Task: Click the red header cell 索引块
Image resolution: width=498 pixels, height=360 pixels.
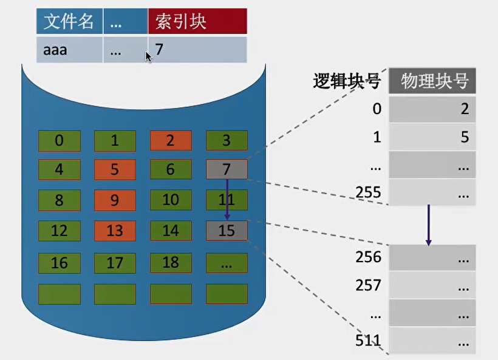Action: (197, 21)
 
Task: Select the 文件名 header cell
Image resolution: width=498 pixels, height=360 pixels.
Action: (69, 21)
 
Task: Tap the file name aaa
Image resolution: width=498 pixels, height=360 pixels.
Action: (55, 50)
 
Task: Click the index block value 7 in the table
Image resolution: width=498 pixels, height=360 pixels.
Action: (159, 49)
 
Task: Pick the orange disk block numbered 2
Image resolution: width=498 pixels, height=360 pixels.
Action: (171, 140)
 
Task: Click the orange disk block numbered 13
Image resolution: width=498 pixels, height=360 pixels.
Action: (115, 231)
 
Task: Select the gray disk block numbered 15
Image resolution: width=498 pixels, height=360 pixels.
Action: (227, 231)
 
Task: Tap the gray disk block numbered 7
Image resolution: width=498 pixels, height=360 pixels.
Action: (227, 169)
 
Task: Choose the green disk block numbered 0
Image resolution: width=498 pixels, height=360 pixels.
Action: (60, 141)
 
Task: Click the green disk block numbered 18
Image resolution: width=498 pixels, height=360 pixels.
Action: (171, 263)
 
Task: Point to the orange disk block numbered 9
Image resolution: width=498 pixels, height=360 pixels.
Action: (115, 200)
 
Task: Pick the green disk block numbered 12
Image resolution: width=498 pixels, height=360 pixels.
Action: (60, 231)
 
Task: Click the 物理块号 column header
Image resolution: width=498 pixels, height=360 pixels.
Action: (432, 81)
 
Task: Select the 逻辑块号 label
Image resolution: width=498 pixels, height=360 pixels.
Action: (347, 81)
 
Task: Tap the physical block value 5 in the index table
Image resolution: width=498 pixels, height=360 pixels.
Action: (465, 137)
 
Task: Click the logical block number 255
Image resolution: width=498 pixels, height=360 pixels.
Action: (368, 192)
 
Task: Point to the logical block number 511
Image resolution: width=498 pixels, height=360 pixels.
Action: (368, 341)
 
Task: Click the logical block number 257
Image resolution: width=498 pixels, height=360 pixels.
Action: (368, 285)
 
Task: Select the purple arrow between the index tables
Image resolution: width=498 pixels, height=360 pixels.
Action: (428, 225)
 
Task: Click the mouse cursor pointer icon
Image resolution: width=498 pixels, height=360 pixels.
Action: (148, 57)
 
